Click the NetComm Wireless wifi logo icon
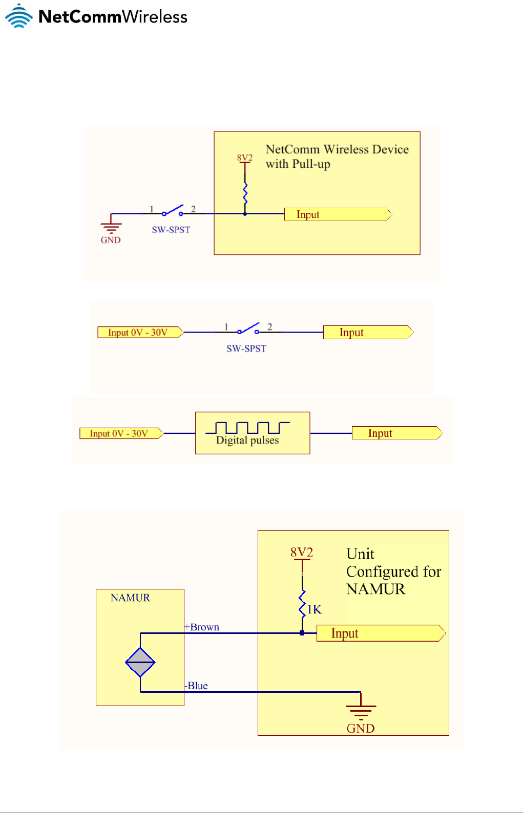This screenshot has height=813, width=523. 19,16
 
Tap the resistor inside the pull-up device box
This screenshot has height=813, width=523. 245,194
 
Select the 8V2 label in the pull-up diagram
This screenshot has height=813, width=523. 244,158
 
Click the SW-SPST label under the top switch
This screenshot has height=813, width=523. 171,230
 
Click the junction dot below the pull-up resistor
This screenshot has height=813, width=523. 245,214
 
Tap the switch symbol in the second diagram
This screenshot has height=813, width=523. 248,329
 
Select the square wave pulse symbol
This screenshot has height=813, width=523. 248,427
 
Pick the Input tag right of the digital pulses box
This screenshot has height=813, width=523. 396,433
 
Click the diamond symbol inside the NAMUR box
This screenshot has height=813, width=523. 140,663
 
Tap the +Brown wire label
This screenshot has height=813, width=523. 202,627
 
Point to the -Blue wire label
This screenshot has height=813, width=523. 196,686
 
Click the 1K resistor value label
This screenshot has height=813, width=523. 314,609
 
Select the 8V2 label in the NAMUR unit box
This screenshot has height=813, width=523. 302,553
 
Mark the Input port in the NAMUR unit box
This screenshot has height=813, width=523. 381,633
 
